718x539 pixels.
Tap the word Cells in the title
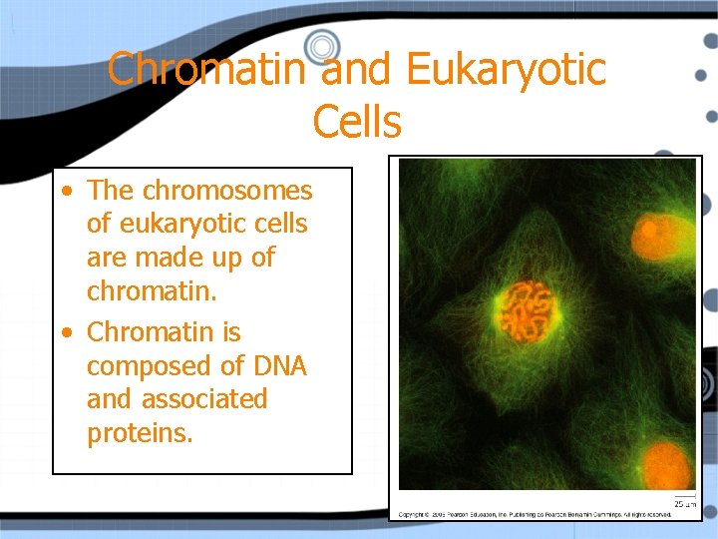point(357,122)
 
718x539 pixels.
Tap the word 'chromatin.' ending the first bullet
point(150,292)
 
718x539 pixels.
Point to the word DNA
point(279,366)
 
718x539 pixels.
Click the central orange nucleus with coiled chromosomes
point(526,310)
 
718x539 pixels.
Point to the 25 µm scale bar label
point(684,503)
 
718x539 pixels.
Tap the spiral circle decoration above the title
point(322,45)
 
